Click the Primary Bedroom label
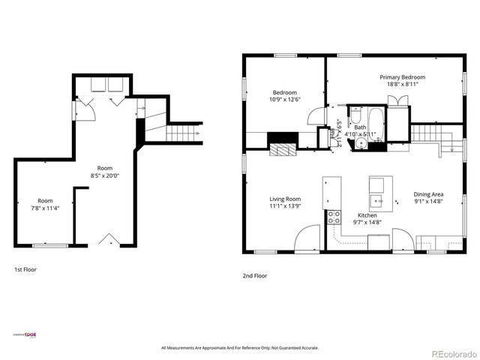coord(402,77)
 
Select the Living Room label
coord(285,199)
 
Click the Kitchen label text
coord(367,214)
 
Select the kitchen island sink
coord(379,201)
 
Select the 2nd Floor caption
coord(254,275)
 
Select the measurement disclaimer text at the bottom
coord(240,348)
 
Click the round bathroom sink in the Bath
coord(362,145)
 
